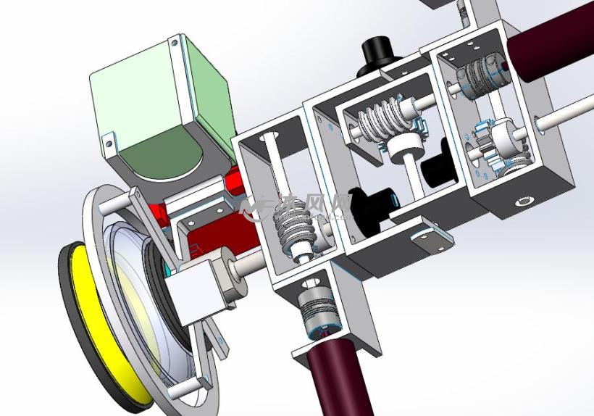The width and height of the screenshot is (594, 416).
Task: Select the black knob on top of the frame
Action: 378,51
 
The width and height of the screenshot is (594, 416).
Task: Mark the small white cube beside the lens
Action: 194,291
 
